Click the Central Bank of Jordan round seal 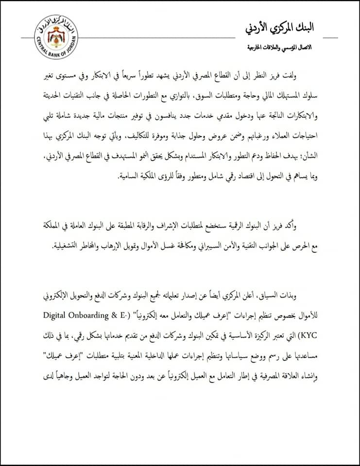pos(56,37)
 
